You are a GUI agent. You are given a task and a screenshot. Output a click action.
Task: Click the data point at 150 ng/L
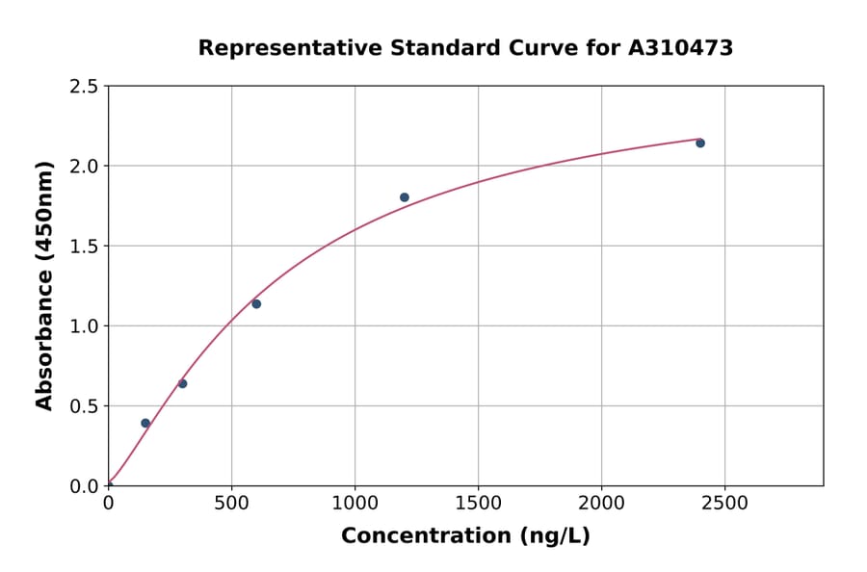pos(145,423)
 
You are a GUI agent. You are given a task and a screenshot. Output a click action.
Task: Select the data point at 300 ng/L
pos(182,383)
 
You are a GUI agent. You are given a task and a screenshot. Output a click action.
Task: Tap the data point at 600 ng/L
pos(256,303)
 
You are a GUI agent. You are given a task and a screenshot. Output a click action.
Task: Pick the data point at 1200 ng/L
pos(405,197)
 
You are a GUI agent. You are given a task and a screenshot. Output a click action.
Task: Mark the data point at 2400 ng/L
pos(700,143)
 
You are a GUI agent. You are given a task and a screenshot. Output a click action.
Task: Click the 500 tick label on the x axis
pos(231,504)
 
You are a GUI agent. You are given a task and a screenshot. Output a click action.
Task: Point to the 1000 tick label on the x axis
pos(355,504)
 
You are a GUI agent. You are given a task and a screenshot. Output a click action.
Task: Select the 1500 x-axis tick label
pos(478,504)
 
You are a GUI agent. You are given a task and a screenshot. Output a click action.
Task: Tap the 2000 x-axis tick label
pos(601,504)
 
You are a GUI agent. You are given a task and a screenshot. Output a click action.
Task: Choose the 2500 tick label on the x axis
pos(724,504)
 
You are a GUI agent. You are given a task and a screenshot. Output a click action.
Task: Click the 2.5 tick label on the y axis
pos(84,87)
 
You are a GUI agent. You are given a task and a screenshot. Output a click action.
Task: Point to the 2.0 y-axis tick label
pos(84,167)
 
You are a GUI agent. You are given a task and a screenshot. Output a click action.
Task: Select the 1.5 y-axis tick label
pos(84,247)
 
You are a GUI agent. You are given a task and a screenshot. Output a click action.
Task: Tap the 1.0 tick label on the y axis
pos(84,326)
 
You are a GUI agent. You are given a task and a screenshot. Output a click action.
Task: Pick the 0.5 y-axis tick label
pos(84,406)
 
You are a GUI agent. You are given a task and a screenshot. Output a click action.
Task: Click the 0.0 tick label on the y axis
pos(84,486)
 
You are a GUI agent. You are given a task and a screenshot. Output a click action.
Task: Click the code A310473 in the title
pos(680,48)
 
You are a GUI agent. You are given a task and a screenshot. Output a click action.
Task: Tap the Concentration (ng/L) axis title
pos(465,535)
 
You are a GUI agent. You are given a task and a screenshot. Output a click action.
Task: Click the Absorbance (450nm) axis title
pos(44,285)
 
